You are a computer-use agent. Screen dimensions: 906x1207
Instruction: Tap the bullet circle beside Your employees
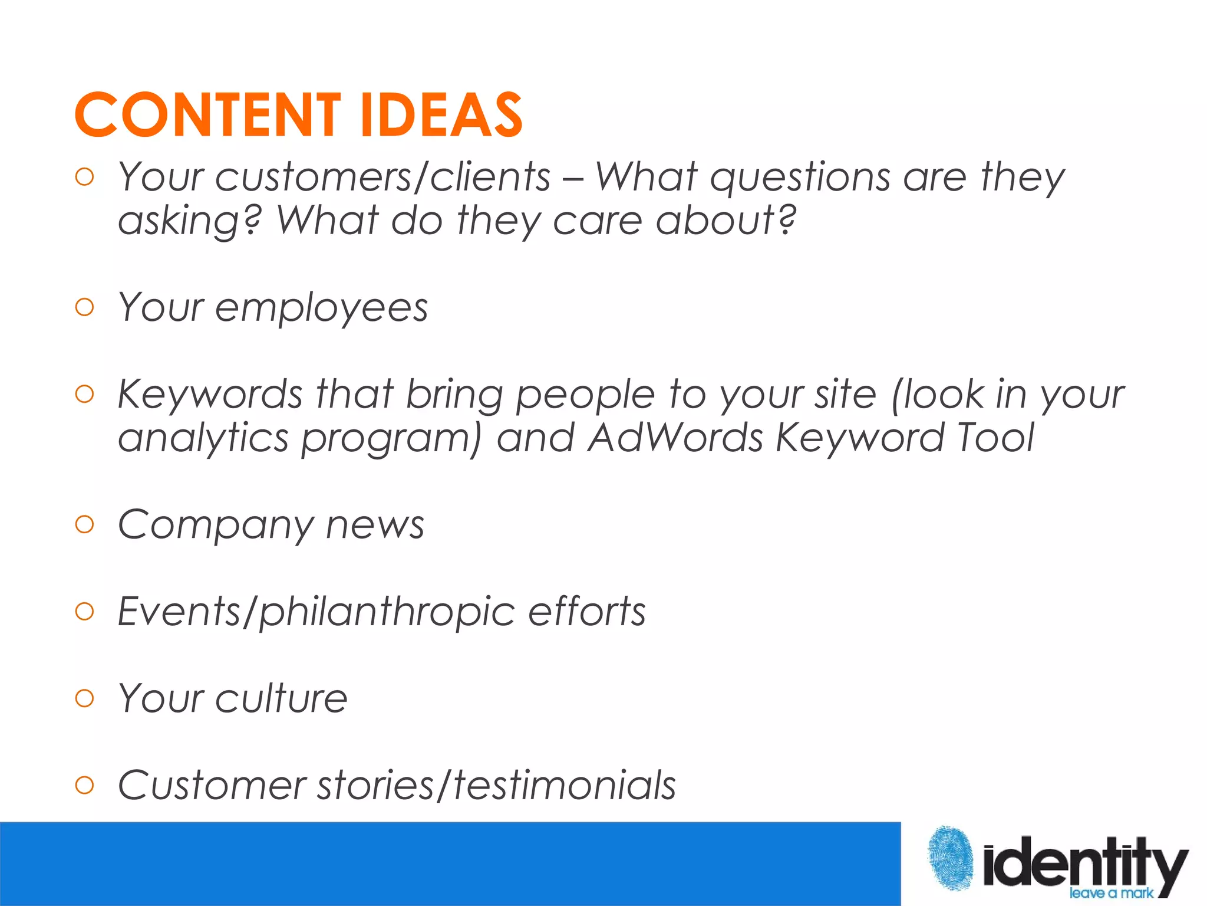pyautogui.click(x=85, y=307)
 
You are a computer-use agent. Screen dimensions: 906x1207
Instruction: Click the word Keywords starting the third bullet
pyautogui.click(x=210, y=394)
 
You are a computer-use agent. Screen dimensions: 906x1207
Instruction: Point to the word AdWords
pyautogui.click(x=675, y=438)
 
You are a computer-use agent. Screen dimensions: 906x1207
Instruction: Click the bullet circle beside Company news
pyautogui.click(x=85, y=524)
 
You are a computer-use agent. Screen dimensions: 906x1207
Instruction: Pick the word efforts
pyautogui.click(x=586, y=611)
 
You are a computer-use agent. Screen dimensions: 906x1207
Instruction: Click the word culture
pyautogui.click(x=281, y=698)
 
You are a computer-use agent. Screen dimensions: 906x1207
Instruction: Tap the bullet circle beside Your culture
pyautogui.click(x=85, y=698)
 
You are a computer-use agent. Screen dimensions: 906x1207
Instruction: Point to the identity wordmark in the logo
pyautogui.click(x=1084, y=862)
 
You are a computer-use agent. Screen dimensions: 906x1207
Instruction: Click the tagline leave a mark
pyautogui.click(x=1111, y=893)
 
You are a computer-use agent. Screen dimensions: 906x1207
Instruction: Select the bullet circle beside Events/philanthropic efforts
pyautogui.click(x=85, y=611)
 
